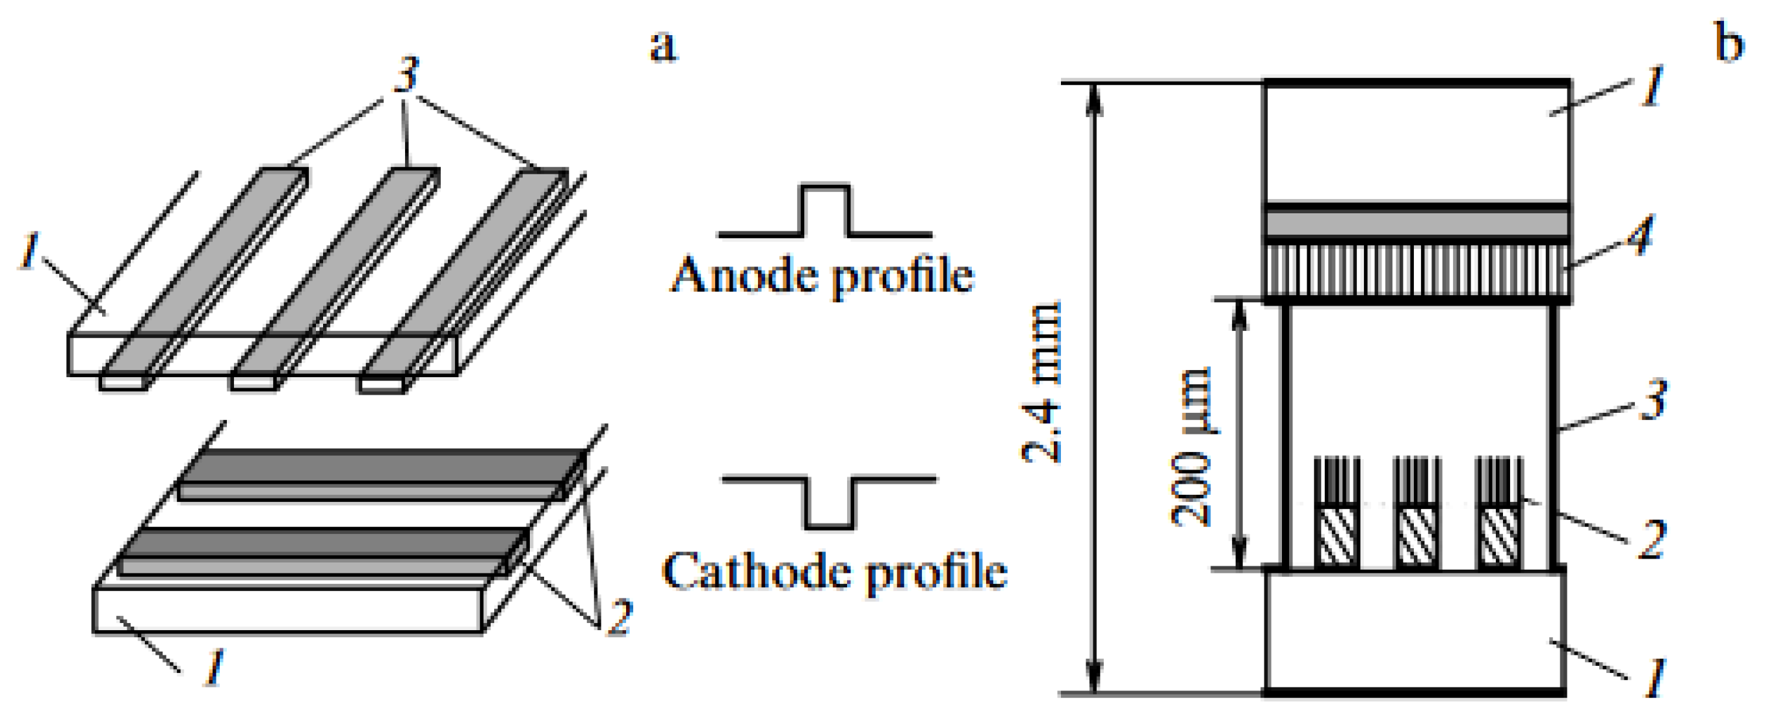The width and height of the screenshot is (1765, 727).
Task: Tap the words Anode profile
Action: pos(822,276)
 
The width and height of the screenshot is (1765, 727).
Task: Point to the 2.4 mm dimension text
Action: pos(1041,382)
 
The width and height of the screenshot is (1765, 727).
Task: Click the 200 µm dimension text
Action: pos(1191,447)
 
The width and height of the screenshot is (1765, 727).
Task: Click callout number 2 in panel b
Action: pos(1652,540)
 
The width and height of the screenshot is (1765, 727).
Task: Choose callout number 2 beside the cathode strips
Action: pos(620,616)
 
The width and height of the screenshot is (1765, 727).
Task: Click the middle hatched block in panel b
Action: pos(1415,536)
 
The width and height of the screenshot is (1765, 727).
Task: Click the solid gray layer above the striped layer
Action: pos(1417,224)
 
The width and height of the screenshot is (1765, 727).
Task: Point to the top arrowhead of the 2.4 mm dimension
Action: pos(1095,96)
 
